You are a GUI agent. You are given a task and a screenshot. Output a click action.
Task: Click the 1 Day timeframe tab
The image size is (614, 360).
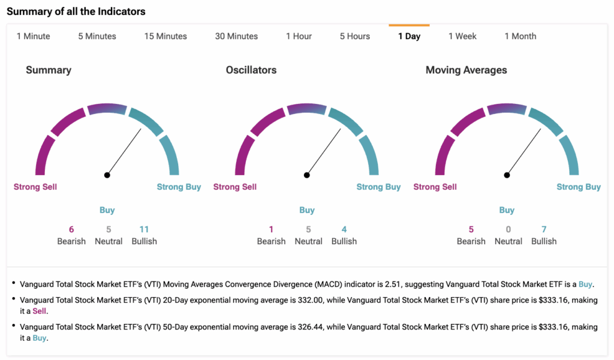[x=409, y=36]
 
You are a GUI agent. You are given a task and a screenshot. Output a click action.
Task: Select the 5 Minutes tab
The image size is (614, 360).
[x=97, y=36]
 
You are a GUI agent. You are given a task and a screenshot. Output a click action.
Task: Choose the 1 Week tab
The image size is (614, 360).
[x=462, y=36]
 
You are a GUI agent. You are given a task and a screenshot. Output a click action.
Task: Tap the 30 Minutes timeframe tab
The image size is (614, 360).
[x=236, y=36]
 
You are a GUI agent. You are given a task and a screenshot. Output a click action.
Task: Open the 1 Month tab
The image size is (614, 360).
[x=520, y=36]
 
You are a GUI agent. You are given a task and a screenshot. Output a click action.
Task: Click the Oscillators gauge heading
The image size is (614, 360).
[x=251, y=70]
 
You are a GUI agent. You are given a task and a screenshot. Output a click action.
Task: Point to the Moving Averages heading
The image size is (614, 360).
[x=466, y=70]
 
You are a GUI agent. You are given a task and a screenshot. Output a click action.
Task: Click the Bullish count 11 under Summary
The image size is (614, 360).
[x=144, y=229]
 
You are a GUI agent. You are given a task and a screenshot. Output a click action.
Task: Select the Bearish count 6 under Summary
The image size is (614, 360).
[x=71, y=229]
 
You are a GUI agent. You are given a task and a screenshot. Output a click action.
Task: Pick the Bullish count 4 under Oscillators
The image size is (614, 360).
[x=344, y=229]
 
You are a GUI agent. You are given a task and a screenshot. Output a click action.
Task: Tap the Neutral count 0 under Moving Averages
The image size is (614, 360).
[x=508, y=229]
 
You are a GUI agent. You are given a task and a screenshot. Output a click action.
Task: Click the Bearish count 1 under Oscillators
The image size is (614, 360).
[x=271, y=229]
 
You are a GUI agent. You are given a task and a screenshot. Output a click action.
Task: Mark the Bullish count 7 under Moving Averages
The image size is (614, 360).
[x=544, y=229]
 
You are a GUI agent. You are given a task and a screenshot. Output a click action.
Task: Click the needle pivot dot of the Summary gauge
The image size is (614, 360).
[x=107, y=175]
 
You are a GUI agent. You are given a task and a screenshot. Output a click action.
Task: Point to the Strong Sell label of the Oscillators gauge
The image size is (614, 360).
[x=235, y=187]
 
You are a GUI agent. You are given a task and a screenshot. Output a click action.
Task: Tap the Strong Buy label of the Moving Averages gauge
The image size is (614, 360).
[x=578, y=187]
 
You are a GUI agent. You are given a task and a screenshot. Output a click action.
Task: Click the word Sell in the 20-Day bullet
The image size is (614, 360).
[x=39, y=311]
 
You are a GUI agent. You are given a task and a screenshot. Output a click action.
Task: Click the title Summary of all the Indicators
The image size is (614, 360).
[x=76, y=11]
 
